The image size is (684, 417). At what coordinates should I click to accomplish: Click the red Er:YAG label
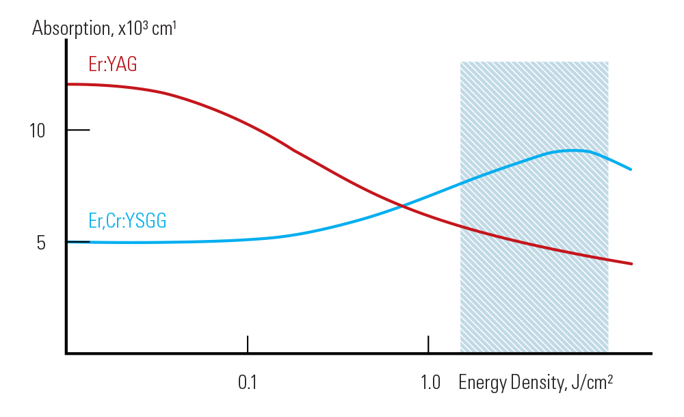pyautogui.click(x=113, y=64)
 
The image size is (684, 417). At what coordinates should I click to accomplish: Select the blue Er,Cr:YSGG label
pyautogui.click(x=127, y=221)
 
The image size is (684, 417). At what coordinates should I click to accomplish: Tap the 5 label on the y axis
pyautogui.click(x=41, y=243)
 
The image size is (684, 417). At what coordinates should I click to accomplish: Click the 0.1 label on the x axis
pyautogui.click(x=247, y=382)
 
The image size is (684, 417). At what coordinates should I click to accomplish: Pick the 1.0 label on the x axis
pyautogui.click(x=430, y=382)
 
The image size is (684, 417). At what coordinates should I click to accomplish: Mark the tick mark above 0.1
pyautogui.click(x=248, y=344)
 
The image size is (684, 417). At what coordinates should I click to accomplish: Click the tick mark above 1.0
pyautogui.click(x=428, y=344)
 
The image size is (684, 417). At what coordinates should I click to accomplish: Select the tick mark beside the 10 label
pyautogui.click(x=78, y=130)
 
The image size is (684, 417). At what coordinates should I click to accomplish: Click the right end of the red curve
pyautogui.click(x=631, y=264)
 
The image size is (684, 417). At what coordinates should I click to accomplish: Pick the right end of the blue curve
pyautogui.click(x=631, y=169)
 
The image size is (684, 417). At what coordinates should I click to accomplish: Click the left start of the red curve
pyautogui.click(x=68, y=84)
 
